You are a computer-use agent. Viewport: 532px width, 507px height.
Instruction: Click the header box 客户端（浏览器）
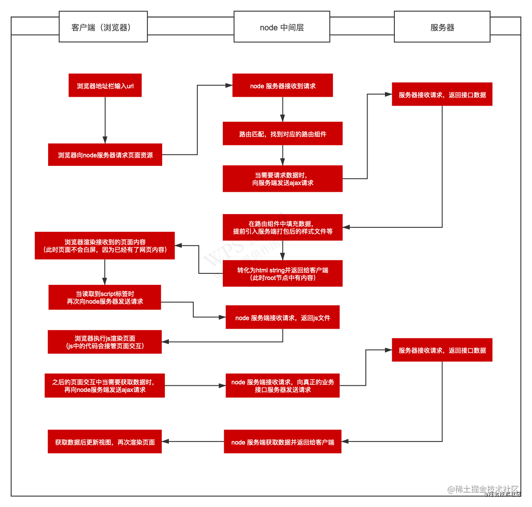coord(103,26)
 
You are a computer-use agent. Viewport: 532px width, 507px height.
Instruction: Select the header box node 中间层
coord(282,26)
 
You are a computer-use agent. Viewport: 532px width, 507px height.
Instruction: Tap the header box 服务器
coord(442,26)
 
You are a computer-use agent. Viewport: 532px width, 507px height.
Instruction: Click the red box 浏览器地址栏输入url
coord(105,85)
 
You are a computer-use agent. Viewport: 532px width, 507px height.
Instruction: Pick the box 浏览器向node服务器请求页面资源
coord(105,155)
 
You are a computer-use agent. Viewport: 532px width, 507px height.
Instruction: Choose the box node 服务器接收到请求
coord(282,85)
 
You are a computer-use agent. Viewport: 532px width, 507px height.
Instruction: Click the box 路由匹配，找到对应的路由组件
coord(282,133)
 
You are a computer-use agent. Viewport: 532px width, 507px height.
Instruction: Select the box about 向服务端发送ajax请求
coord(282,179)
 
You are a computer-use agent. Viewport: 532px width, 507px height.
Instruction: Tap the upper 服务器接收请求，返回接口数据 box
coord(442,94)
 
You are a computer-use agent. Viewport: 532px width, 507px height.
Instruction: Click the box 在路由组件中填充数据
coord(282,227)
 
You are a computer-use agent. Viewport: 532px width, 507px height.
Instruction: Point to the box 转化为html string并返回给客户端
coord(282,273)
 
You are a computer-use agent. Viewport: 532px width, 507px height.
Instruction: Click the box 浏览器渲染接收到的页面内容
coord(105,246)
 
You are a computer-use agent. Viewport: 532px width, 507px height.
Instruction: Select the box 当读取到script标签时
coord(105,297)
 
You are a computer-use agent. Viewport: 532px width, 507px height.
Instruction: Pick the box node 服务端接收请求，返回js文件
coord(282,317)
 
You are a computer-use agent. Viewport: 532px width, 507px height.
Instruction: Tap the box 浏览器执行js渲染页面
coord(105,342)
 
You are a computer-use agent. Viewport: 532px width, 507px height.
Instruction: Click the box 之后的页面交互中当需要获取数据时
coord(105,385)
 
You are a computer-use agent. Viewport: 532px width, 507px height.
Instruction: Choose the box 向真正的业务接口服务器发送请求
coord(282,385)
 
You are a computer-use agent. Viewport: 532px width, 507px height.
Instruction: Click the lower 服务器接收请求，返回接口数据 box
coord(442,350)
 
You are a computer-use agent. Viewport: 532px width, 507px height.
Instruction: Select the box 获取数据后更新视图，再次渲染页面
coord(105,441)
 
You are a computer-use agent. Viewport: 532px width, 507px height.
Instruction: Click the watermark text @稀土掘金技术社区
coord(483,489)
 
